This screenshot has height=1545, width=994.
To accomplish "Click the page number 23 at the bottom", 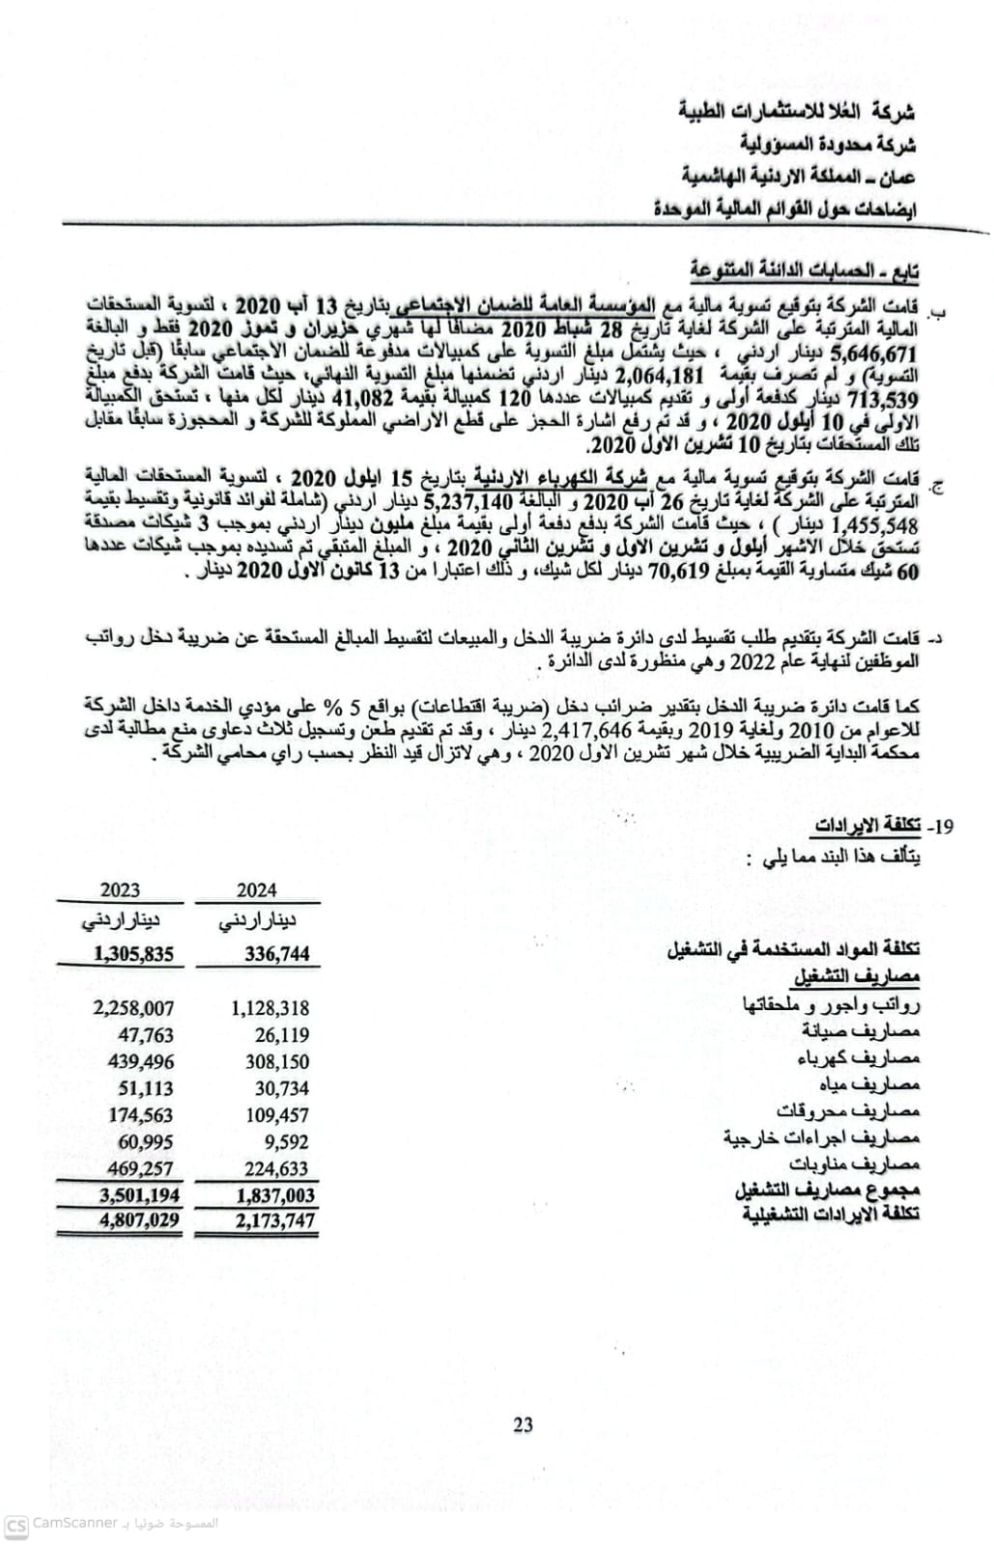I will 523,1424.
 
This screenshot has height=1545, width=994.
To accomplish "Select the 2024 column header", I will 256,890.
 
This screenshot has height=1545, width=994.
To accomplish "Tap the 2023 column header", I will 120,890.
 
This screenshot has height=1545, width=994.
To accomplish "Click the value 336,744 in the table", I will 276,954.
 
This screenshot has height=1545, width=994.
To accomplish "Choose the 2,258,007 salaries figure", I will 133,1008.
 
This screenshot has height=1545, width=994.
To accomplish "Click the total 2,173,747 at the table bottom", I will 274,1221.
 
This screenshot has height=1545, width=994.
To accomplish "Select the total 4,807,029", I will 138,1221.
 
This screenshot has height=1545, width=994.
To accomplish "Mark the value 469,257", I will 140,1168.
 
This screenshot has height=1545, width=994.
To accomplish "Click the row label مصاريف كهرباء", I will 858,1058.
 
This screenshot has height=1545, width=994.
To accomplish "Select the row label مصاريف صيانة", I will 860,1031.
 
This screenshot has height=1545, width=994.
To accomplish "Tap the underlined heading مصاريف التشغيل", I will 857,977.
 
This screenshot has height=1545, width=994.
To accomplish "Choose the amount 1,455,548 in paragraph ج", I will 873,526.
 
